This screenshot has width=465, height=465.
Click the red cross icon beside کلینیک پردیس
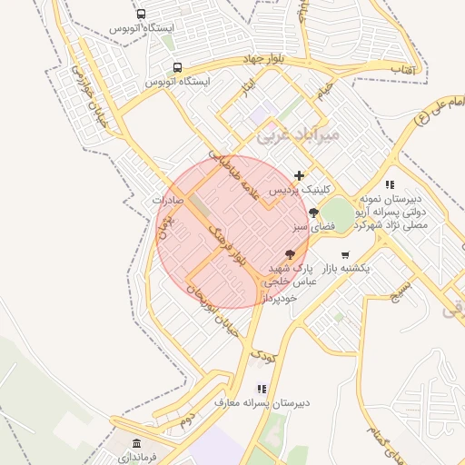[x=299, y=175]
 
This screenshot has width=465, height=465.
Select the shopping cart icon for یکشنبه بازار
[x=344, y=254]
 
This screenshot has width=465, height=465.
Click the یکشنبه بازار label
[x=345, y=270]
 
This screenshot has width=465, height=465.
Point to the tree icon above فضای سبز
[x=313, y=212]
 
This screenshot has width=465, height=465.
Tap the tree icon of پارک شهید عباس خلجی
[x=291, y=255]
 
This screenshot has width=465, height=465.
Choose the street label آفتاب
[x=401, y=69]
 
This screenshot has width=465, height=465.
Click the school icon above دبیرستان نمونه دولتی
[x=391, y=184]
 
